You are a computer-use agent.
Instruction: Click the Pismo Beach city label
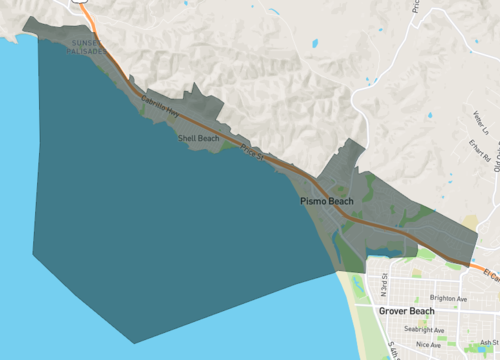tap(327, 201)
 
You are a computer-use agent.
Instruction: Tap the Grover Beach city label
tap(409, 311)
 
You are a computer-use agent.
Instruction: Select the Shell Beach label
tap(198, 138)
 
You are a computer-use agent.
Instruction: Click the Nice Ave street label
tap(428, 344)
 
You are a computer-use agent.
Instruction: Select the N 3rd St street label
tap(380, 287)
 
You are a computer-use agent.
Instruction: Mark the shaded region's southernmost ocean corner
tap(134, 343)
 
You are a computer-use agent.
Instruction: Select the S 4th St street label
tap(393, 350)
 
